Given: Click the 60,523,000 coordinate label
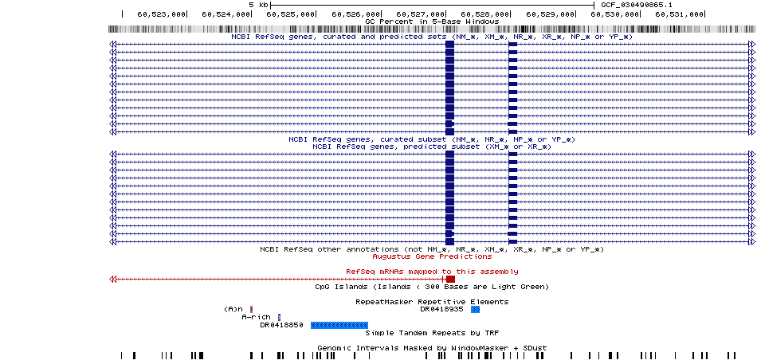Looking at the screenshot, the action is (x=161, y=14).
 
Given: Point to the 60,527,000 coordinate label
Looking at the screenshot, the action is (x=420, y=14).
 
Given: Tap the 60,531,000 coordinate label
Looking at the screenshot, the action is (x=679, y=14).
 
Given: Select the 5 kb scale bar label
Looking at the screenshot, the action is (x=258, y=5).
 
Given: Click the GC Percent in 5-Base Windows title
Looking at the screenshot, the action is (x=432, y=22).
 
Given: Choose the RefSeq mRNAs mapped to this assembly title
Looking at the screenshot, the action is (x=432, y=272).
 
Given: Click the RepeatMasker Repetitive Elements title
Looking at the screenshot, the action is (x=432, y=302).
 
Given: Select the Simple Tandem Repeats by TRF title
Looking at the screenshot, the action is (x=432, y=333).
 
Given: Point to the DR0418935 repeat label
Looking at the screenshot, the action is (x=441, y=309).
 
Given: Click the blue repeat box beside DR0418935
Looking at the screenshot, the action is (x=476, y=310).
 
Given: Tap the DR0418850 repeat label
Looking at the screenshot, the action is (x=281, y=325).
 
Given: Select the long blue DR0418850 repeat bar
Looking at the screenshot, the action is (x=339, y=325).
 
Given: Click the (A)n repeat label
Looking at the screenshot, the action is (x=235, y=309).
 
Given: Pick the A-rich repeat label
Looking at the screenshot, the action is (x=257, y=317).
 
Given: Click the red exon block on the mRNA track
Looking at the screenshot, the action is (x=450, y=279).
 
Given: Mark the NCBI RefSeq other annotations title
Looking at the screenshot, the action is (x=432, y=249).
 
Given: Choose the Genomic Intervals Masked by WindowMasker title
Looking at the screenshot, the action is (x=432, y=348).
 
